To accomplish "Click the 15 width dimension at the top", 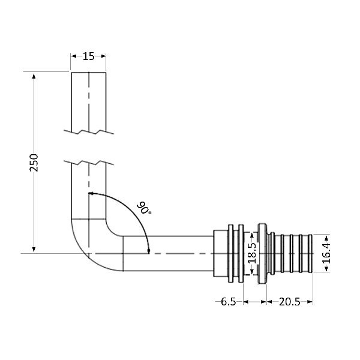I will click(89, 56).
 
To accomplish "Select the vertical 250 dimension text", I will click(34, 162).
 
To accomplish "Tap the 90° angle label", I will click(144, 209).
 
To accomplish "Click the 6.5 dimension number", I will click(228, 302).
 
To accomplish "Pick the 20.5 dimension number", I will click(289, 302).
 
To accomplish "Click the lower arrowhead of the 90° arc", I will click(148, 250).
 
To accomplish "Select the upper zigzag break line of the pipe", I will click(89, 131).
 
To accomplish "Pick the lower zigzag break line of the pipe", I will click(89, 162).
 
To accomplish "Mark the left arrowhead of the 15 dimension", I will click(74, 56).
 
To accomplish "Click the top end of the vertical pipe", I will click(89, 73).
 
